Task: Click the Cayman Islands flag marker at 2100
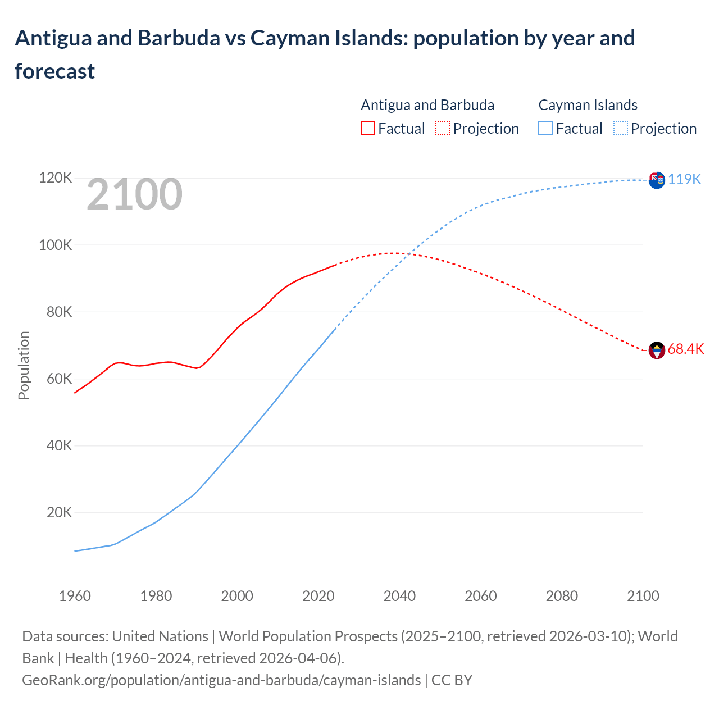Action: click(x=656, y=180)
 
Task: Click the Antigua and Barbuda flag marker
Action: click(x=656, y=351)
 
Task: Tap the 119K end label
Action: click(x=685, y=179)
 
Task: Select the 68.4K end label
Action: click(x=686, y=349)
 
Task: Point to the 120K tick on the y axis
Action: click(x=56, y=178)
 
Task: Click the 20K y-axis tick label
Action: click(x=59, y=512)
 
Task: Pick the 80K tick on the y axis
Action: click(x=59, y=312)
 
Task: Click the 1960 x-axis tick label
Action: click(x=75, y=596)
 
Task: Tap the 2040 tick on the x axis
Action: click(x=399, y=596)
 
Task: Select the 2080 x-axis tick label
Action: click(x=562, y=596)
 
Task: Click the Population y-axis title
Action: click(x=24, y=365)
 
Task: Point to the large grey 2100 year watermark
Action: click(x=134, y=194)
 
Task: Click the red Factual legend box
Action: click(x=367, y=129)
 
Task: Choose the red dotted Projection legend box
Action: click(x=443, y=129)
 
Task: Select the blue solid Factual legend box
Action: click(x=545, y=129)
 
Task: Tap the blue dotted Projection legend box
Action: click(x=620, y=129)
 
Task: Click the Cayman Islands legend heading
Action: click(x=588, y=105)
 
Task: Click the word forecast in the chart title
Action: click(x=55, y=71)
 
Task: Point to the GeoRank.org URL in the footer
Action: click(x=221, y=680)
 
